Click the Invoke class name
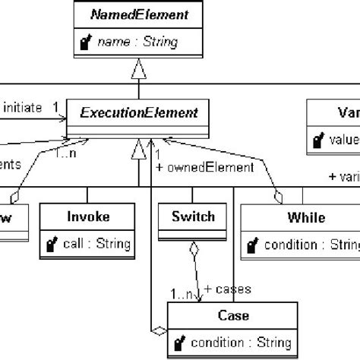pos(87,217)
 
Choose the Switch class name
pos(194,217)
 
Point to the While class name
pos(306,218)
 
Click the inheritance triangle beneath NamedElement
pos(138,73)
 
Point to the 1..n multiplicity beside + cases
pos(182,292)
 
